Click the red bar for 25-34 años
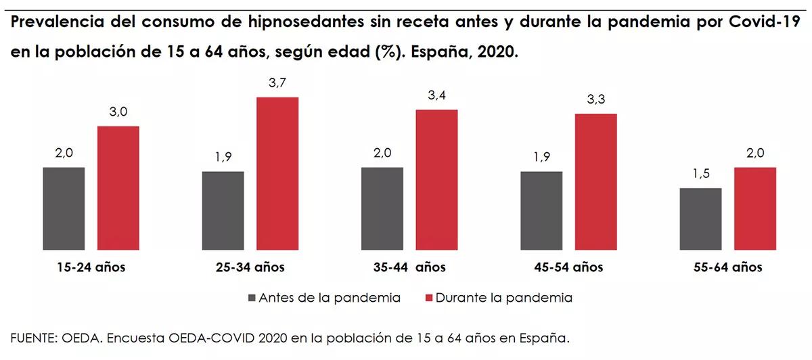coord(277,173)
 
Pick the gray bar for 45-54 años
coord(541,210)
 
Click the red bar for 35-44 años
coord(436,179)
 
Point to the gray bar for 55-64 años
coord(700,219)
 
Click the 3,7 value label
coord(277,83)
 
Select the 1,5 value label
coord(700,174)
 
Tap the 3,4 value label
coord(436,95)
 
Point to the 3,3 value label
coord(596,99)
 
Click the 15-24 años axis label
coord(91,267)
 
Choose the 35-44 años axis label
coord(409,267)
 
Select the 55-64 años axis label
coord(727,267)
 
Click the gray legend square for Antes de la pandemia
coord(252,298)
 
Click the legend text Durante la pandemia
coord(504,298)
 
